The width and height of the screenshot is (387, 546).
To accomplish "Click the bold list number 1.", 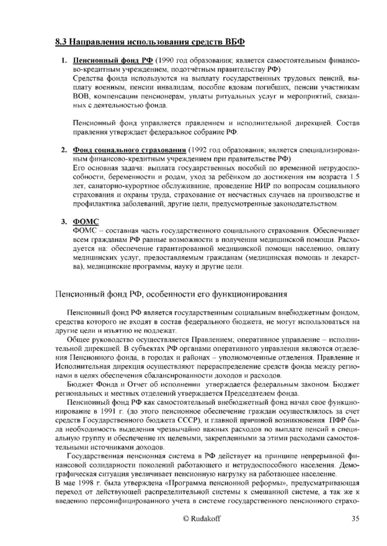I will point(64,63).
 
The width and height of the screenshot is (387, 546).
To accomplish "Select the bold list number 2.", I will point(64,151).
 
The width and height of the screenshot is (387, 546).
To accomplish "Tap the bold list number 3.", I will point(64,221).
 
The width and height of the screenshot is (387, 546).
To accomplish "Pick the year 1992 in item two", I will point(200,151).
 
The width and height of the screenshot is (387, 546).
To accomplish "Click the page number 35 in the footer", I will point(354,519).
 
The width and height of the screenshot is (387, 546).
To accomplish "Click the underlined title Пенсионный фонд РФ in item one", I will point(113,63).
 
